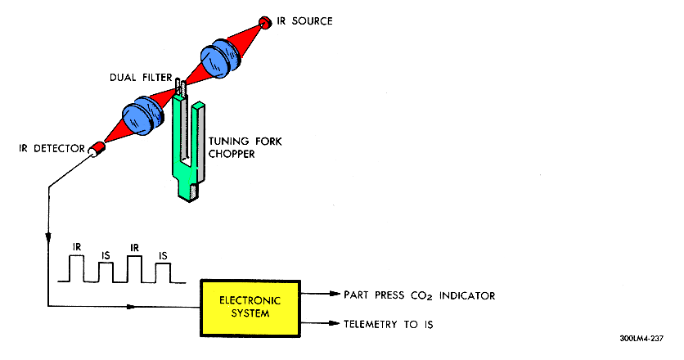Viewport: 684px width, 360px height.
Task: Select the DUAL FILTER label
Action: pyautogui.click(x=142, y=78)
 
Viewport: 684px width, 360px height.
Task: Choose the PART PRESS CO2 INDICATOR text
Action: pyautogui.click(x=420, y=295)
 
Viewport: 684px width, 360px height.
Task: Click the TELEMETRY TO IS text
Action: pyautogui.click(x=389, y=324)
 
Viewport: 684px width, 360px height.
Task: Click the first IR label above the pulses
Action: pyautogui.click(x=77, y=245)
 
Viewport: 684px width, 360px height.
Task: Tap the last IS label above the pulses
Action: pyautogui.click(x=163, y=255)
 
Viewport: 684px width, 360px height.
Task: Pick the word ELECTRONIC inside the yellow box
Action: pyautogui.click(x=250, y=299)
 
